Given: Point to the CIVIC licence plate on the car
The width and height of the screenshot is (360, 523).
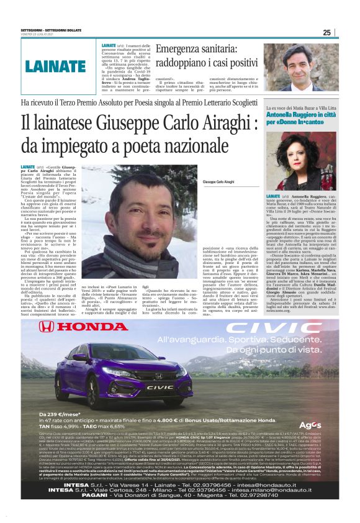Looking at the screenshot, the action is tap(160, 387).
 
